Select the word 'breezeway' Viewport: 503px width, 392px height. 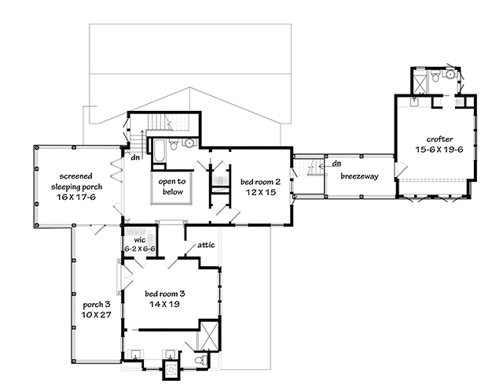pyautogui.click(x=359, y=176)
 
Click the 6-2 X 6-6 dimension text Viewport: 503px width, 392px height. pyautogui.click(x=140, y=248)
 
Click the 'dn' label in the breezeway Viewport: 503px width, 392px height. pyautogui.click(x=336, y=164)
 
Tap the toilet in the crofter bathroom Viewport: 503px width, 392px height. pyautogui.click(x=449, y=76)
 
